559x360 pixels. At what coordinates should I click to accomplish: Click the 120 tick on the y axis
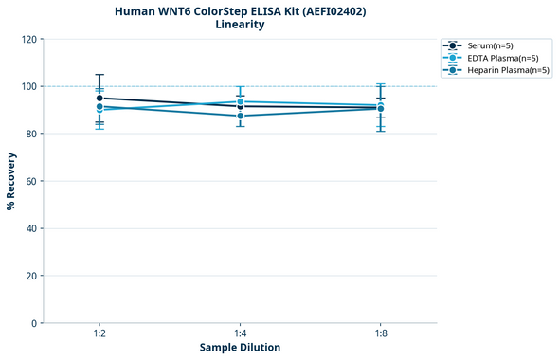pos(30,39)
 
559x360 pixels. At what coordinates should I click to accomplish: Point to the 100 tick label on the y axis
pos(30,86)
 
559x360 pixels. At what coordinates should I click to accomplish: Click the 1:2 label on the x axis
pos(99,334)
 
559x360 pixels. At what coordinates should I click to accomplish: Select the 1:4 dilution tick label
pos(240,334)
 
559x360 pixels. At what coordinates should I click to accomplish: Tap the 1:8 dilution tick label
pos(380,334)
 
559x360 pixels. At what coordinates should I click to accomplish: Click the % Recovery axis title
pos(11,181)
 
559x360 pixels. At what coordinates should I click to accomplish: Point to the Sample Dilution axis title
pos(240,348)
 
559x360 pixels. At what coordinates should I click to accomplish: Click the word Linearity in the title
pos(240,25)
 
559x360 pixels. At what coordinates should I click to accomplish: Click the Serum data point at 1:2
pos(99,98)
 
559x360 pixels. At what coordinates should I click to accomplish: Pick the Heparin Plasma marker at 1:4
pos(240,116)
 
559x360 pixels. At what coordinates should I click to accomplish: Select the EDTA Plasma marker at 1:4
pos(240,101)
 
